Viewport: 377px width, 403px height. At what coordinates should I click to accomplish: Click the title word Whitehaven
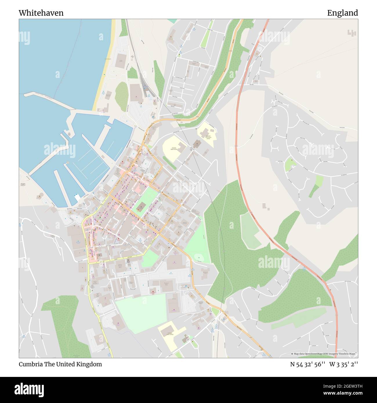pos(41,13)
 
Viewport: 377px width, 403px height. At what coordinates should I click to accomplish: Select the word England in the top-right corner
pos(342,13)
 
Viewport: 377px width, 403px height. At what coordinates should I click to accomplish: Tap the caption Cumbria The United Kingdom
pos(60,364)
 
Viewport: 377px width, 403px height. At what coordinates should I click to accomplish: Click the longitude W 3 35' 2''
pos(343,364)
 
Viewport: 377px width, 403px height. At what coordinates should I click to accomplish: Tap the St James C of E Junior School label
pos(208,137)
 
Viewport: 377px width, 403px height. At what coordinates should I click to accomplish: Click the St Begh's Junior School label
pos(169,335)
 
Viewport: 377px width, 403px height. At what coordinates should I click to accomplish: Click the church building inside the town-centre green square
pos(141,206)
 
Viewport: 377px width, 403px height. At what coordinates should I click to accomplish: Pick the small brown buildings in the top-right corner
pos(351,33)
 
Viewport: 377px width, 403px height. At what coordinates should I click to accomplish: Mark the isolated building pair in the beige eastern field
pos(266,206)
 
